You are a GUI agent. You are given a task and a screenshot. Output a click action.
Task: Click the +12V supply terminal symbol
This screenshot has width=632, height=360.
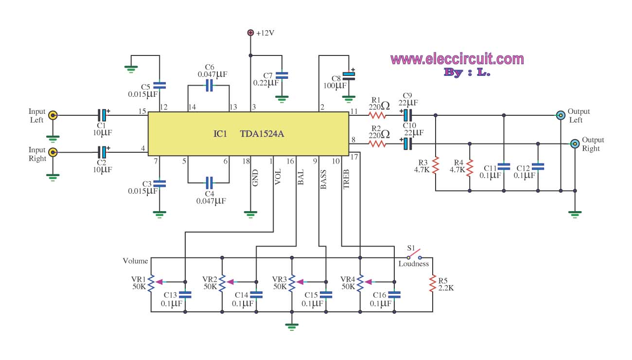pyautogui.click(x=250, y=33)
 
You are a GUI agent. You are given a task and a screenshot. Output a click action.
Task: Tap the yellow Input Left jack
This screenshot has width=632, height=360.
pyautogui.click(x=53, y=115)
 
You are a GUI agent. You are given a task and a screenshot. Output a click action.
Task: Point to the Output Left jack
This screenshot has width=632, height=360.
pyautogui.click(x=561, y=115)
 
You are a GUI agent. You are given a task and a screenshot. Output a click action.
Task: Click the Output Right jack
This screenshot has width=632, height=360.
pyautogui.click(x=575, y=144)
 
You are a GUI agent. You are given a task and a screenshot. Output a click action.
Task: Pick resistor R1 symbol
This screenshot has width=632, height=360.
pyautogui.click(x=378, y=115)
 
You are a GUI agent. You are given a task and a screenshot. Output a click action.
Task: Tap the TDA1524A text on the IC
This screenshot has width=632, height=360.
pyautogui.click(x=262, y=134)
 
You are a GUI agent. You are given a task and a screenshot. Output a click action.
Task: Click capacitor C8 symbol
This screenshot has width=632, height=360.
pyautogui.click(x=349, y=75)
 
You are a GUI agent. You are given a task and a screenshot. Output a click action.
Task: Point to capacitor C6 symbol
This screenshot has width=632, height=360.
pyautogui.click(x=209, y=86)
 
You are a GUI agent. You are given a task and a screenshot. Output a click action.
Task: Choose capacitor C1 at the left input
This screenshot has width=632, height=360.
pyautogui.click(x=102, y=115)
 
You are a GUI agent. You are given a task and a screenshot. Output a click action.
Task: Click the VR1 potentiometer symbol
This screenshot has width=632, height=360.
pyautogui.click(x=151, y=282)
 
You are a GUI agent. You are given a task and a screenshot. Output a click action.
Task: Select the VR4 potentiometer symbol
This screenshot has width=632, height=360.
pyautogui.click(x=360, y=282)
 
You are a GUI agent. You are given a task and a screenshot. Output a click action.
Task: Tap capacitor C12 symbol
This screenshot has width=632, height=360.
pyautogui.click(x=538, y=166)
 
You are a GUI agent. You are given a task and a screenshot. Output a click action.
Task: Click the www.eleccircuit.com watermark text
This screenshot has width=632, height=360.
pyautogui.click(x=457, y=59)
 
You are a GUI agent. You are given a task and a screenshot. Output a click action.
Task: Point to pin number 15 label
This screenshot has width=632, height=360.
pyautogui.click(x=142, y=111)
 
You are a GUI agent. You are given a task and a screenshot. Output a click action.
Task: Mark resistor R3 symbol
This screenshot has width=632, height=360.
pyautogui.click(x=436, y=165)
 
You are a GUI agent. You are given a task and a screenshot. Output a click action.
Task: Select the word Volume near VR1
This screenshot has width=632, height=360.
pyautogui.click(x=135, y=261)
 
